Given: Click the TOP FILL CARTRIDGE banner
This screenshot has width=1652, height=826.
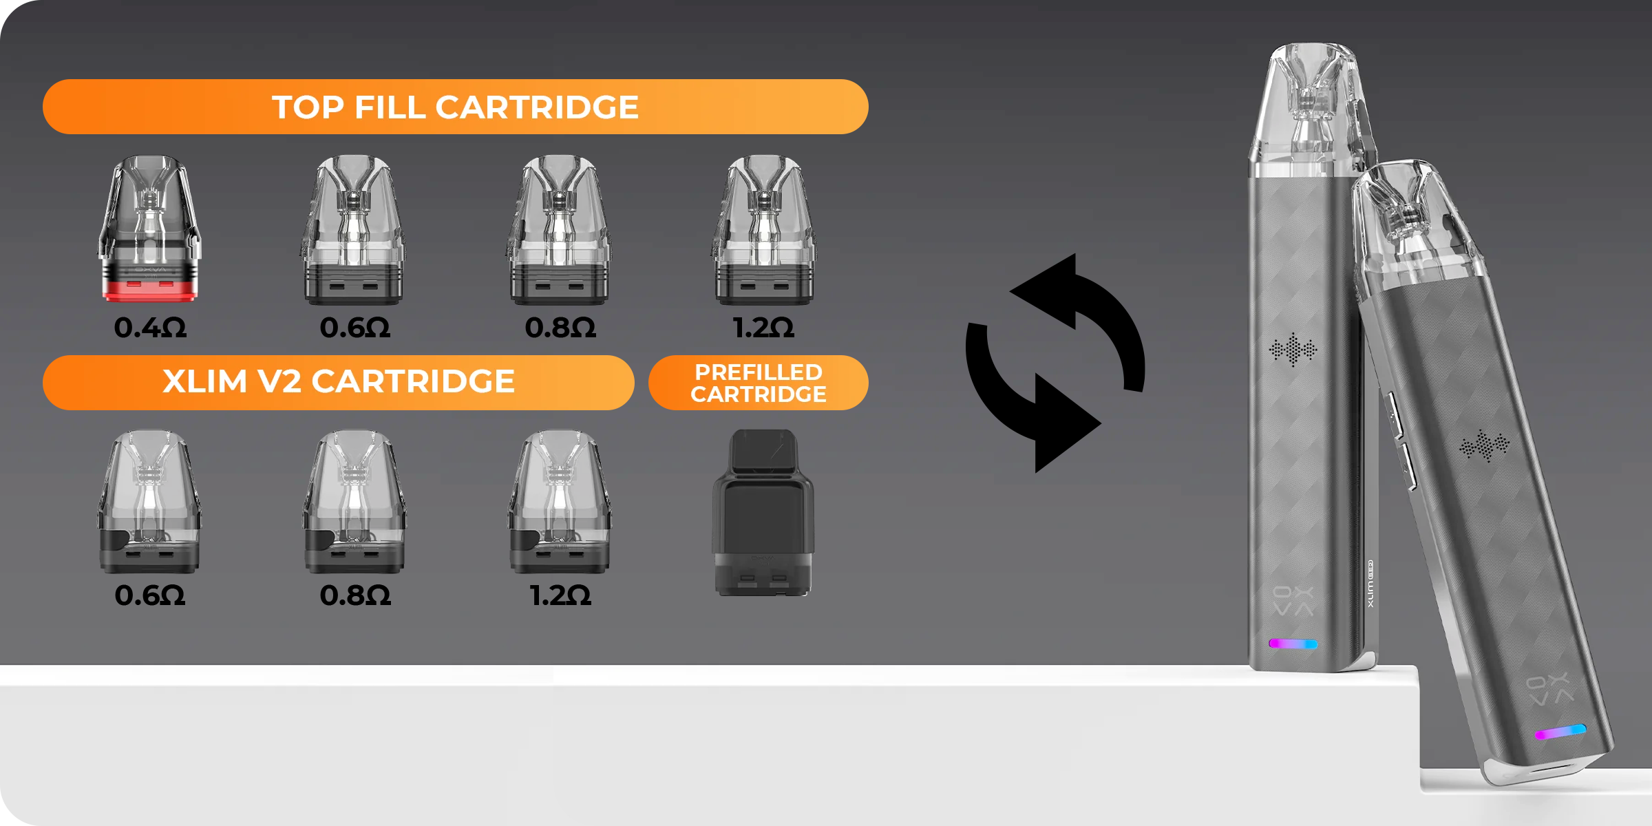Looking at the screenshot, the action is tap(455, 107).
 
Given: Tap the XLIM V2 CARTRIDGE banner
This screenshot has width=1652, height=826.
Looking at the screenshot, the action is tap(338, 382).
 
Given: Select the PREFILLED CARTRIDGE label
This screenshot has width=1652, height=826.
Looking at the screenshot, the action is tap(759, 383).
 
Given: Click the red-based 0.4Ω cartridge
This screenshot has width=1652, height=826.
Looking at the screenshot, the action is tap(150, 229).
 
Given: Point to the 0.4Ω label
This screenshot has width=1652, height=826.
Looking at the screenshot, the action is tap(150, 328).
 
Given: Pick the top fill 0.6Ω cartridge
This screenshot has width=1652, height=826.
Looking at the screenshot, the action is tap(353, 230).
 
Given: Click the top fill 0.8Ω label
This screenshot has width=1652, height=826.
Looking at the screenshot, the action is tap(560, 328).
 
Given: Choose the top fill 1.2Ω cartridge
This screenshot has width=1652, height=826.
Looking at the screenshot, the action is tap(763, 230).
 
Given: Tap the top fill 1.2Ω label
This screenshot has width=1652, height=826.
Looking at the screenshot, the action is tap(763, 328).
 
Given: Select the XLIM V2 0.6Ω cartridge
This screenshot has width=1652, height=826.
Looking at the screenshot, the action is tap(149, 502).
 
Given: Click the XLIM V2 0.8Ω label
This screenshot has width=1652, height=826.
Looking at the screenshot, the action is tap(355, 595).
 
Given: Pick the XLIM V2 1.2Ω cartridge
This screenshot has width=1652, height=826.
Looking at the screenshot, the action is tap(560, 502).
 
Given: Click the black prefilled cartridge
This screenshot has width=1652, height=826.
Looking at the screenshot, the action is tap(763, 513).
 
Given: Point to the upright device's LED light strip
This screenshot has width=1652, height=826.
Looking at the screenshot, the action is tap(1293, 644).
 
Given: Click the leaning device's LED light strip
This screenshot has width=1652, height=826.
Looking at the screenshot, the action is tap(1560, 732).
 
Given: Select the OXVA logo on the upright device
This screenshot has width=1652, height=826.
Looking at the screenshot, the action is tap(1293, 602).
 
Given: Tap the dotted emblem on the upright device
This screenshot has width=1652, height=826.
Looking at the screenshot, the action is tap(1293, 350).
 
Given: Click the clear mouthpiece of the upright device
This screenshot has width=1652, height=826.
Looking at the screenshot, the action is tap(1311, 103).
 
